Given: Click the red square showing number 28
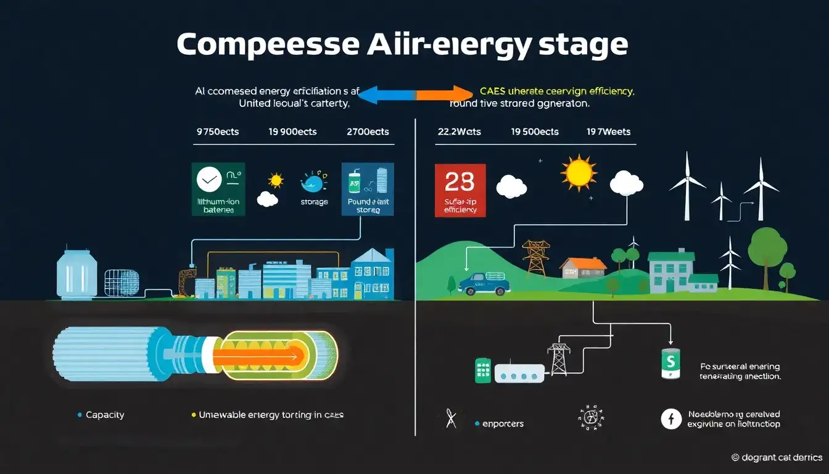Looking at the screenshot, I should click(x=460, y=190).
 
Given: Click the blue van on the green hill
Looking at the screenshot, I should click(x=485, y=283).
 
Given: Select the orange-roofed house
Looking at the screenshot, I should click(x=583, y=268).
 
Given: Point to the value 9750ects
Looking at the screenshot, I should click(x=217, y=131).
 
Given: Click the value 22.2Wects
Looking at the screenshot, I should click(x=459, y=131).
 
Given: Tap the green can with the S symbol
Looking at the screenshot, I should click(x=670, y=364).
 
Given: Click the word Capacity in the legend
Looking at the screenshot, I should click(x=105, y=415).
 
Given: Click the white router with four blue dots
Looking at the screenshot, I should click(x=519, y=372).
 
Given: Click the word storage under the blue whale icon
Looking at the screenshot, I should click(x=314, y=202).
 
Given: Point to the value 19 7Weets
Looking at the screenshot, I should click(x=608, y=131).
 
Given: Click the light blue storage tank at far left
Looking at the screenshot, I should click(x=77, y=273).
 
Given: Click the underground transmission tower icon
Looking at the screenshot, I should click(x=559, y=359).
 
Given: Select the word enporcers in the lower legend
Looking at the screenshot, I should click(x=503, y=423).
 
